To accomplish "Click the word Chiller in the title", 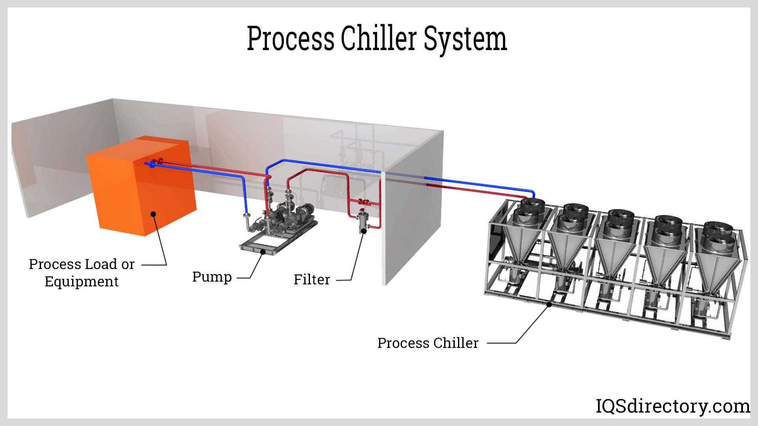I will click(x=378, y=39).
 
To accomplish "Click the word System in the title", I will click(x=465, y=39).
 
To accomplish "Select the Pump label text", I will click(x=212, y=277).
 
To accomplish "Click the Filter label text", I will click(x=311, y=280).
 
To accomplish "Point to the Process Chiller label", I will click(x=428, y=343).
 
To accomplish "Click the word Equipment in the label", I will click(x=81, y=282).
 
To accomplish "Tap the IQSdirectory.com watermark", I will click(x=672, y=406).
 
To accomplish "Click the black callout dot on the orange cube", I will click(x=153, y=214).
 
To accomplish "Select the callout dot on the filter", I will click(x=364, y=231).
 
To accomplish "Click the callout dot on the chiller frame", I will click(x=549, y=304).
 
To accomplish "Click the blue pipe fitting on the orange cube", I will click(x=152, y=164).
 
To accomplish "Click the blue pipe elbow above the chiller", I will click(x=533, y=193).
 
